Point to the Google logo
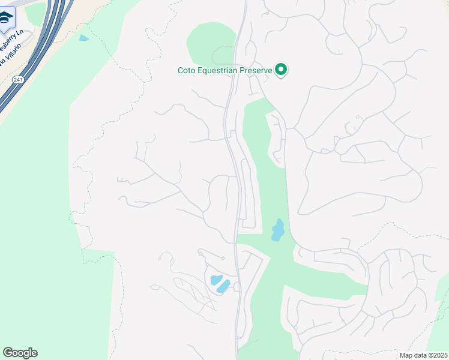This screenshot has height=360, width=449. click(x=20, y=353)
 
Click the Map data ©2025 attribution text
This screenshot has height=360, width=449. click(x=423, y=355)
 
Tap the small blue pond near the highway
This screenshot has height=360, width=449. click(x=83, y=38)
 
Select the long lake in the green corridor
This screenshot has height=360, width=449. click(x=277, y=229)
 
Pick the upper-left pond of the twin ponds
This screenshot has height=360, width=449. click(x=215, y=280)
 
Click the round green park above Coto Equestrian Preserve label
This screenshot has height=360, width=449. click(x=210, y=45)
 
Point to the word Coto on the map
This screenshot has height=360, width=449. click(x=187, y=70)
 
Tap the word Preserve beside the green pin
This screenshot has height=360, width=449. click(x=257, y=70)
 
